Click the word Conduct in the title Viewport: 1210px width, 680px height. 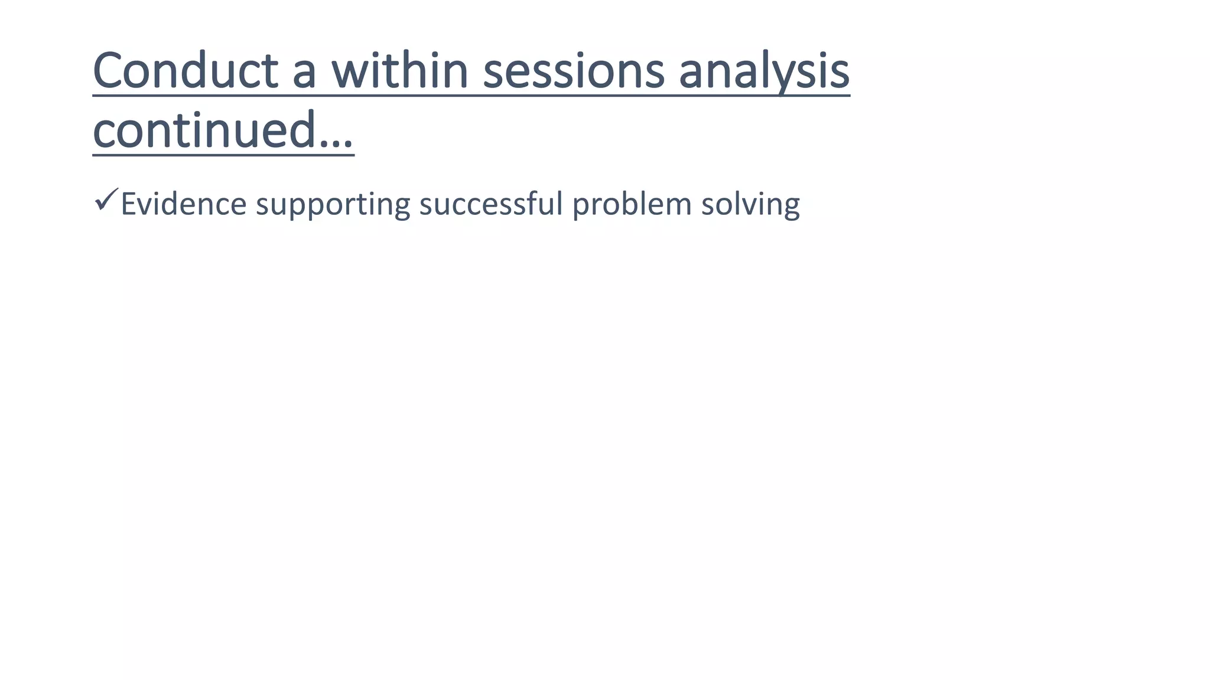point(185,71)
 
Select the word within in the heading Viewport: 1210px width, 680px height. point(399,71)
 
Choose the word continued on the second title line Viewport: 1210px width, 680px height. point(204,130)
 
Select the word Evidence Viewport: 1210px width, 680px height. point(183,204)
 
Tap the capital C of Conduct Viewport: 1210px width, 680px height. point(111,71)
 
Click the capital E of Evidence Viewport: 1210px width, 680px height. point(128,204)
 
